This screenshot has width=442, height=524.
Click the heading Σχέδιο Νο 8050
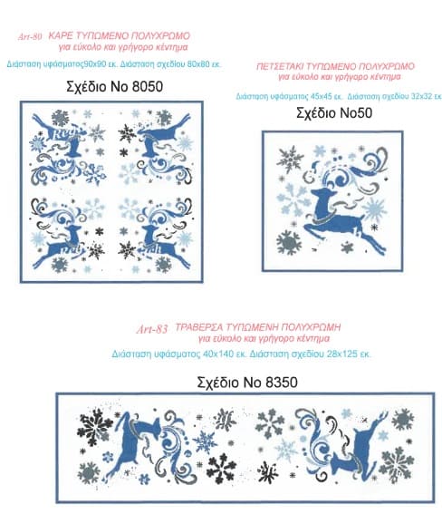pyautogui.click(x=114, y=86)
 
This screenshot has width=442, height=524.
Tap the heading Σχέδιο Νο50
pyautogui.click(x=334, y=112)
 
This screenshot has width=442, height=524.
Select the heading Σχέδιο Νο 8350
pyautogui.click(x=247, y=382)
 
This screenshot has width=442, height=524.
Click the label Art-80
pyautogui.click(x=30, y=36)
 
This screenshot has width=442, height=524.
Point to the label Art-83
pyautogui.click(x=152, y=329)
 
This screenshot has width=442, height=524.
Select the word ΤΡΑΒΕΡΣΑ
pyautogui.click(x=199, y=327)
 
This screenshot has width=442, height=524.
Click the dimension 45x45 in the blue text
pyautogui.click(x=321, y=96)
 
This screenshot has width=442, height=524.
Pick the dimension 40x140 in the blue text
pyautogui.click(x=218, y=354)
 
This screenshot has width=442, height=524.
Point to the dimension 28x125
pyautogui.click(x=341, y=354)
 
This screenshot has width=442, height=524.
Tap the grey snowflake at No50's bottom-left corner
pyautogui.click(x=288, y=242)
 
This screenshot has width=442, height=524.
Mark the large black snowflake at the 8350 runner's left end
pyautogui.click(x=95, y=425)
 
